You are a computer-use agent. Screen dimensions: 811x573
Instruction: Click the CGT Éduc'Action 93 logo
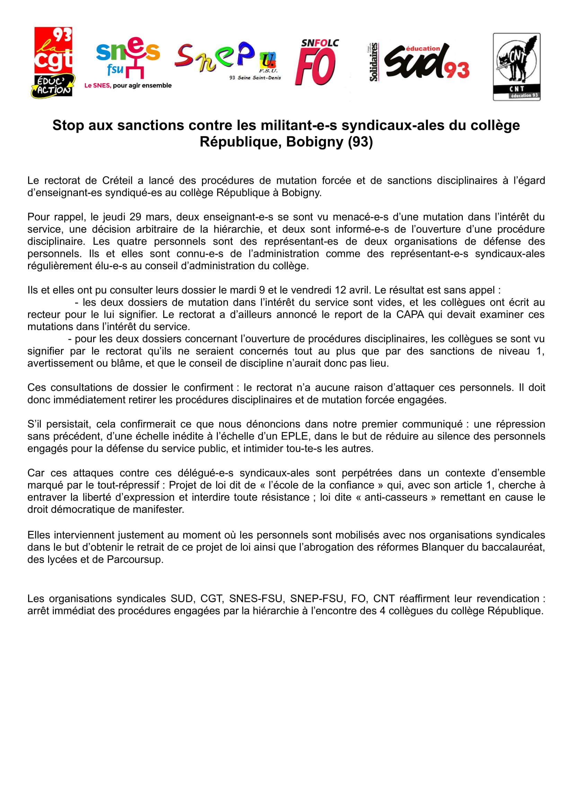[x=53, y=62]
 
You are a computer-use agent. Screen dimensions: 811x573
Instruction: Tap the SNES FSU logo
[x=128, y=58]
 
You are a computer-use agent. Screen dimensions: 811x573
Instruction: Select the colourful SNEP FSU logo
[x=226, y=58]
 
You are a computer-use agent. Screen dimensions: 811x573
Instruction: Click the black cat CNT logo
[x=517, y=67]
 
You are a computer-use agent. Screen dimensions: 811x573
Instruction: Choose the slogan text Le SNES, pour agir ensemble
[x=128, y=86]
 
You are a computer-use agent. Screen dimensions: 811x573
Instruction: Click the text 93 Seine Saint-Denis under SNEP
[x=255, y=78]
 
